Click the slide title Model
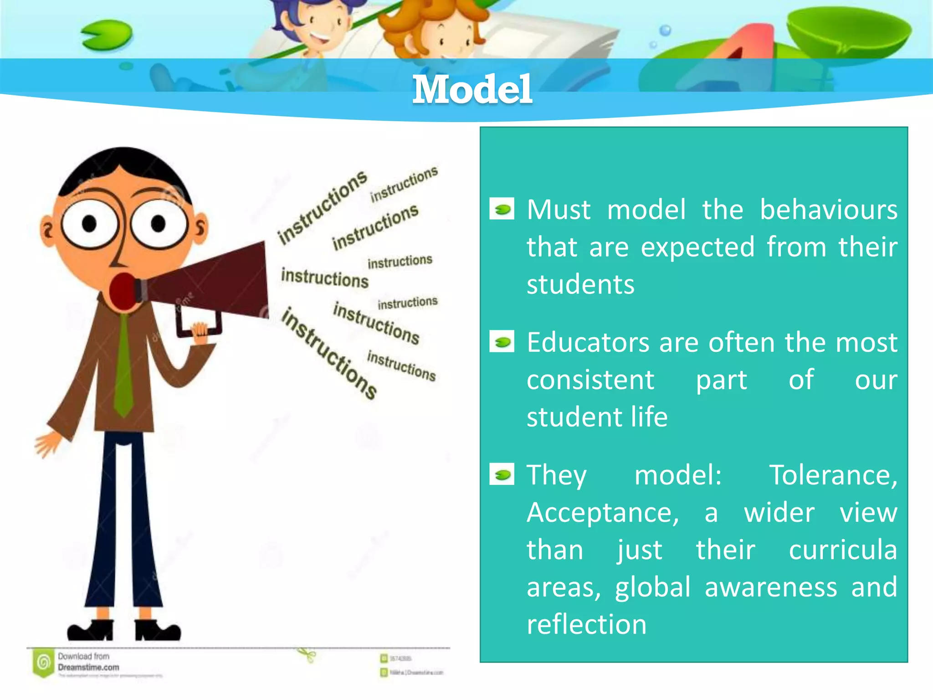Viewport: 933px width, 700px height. pos(472,89)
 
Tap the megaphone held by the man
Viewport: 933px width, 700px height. pos(214,283)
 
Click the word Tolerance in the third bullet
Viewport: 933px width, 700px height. pos(833,475)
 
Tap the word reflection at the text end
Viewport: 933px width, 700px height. pos(586,624)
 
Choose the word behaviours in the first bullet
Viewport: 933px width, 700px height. pos(828,210)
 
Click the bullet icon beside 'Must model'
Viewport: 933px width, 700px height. pos(502,209)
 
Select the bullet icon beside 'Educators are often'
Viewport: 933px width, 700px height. pos(502,342)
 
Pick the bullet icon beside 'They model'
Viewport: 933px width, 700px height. pos(502,474)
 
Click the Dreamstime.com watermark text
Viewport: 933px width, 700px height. pos(88,667)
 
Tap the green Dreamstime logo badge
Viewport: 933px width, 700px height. pos(43,662)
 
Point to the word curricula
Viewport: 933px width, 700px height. pos(842,550)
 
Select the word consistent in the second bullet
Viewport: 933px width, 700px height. pos(590,380)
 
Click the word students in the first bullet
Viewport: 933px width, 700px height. pos(580,285)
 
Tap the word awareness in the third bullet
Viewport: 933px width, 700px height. pos(771,587)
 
